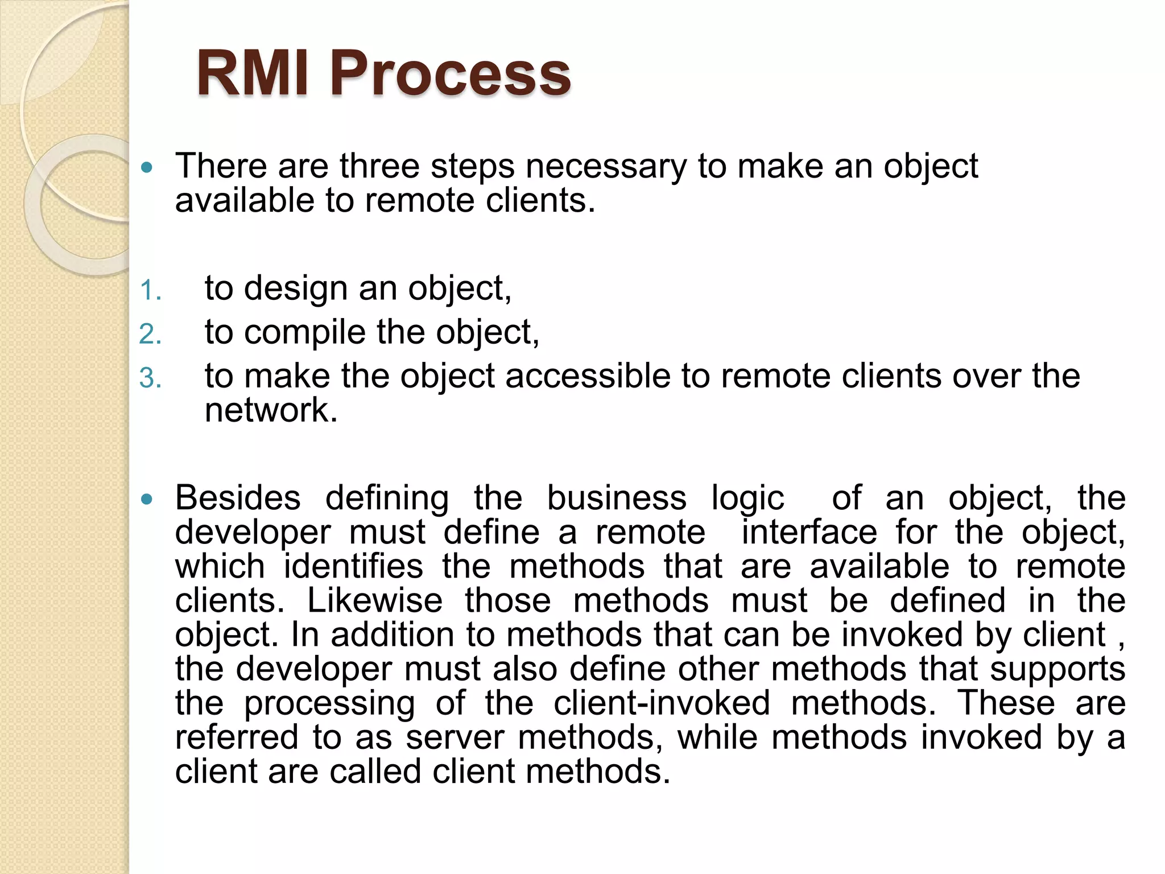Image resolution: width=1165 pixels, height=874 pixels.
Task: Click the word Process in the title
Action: tap(450, 75)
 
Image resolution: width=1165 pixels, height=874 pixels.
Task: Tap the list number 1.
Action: tap(150, 291)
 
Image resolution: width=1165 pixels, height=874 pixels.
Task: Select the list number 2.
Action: tap(150, 334)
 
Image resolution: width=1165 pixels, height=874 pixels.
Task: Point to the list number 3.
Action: tap(150, 378)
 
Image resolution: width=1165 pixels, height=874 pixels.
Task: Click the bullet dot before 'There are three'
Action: tap(147, 167)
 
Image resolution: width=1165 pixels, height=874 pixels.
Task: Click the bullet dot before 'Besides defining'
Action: tap(147, 500)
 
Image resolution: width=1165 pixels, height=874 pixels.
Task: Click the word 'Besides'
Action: tap(238, 498)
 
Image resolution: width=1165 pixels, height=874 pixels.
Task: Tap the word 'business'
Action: tap(617, 498)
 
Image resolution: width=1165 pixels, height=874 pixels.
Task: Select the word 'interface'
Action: tap(809, 533)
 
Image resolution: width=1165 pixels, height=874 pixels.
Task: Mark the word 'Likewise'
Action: tap(375, 601)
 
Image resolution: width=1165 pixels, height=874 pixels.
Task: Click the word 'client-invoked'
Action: tap(662, 703)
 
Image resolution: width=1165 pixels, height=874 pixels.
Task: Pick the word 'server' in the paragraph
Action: tap(455, 737)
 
